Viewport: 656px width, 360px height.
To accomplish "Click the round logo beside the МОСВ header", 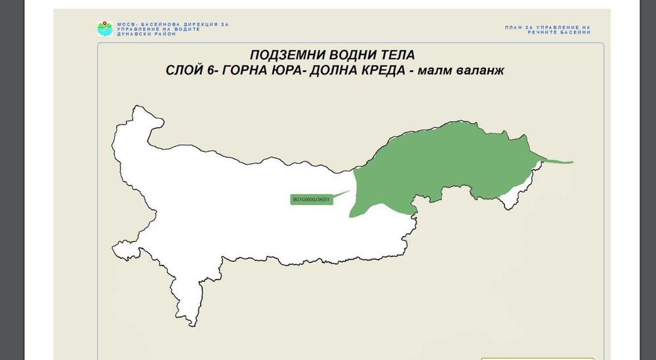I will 105,28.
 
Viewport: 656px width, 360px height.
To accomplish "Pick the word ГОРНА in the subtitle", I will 245,71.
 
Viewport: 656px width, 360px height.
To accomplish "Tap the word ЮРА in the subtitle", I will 293,71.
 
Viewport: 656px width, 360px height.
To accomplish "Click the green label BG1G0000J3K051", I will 312,199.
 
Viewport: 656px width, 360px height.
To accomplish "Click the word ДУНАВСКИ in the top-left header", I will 132,33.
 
